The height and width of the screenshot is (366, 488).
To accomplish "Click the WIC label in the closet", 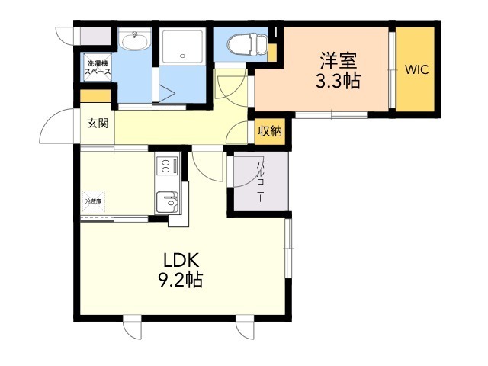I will point(416,70).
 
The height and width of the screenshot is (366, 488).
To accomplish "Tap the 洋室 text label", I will point(338,59).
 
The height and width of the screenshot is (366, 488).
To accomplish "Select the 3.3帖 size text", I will point(338,80).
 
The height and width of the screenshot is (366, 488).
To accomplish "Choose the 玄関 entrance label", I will point(97,124).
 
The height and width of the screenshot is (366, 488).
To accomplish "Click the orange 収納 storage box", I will point(269,131).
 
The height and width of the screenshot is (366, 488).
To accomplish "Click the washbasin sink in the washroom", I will point(137,40).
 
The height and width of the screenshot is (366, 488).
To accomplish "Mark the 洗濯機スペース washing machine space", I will point(98,66).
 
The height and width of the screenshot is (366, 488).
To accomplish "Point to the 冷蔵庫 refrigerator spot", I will point(95,201).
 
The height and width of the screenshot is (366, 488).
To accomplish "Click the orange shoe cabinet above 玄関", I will point(96,98).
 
